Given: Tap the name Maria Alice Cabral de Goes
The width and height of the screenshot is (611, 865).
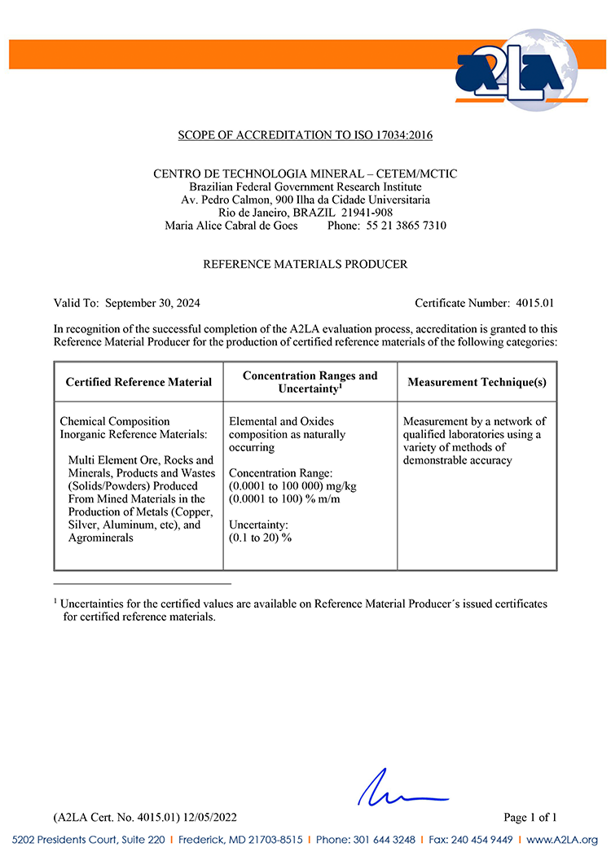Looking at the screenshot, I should [x=231, y=226].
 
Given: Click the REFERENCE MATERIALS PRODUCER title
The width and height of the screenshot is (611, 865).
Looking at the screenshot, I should [x=305, y=265].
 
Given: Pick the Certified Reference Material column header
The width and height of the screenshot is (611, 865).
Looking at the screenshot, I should [x=138, y=382].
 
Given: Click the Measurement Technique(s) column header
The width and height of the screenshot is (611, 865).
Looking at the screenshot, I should [x=477, y=382].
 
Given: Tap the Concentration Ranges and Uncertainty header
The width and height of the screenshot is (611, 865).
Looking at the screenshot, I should [x=310, y=382].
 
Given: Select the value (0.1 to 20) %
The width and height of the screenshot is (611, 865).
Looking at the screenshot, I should [x=260, y=538].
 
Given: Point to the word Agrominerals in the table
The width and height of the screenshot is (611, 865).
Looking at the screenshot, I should [x=102, y=538].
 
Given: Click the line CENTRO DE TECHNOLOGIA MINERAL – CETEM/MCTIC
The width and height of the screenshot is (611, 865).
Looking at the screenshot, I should [x=305, y=174].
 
